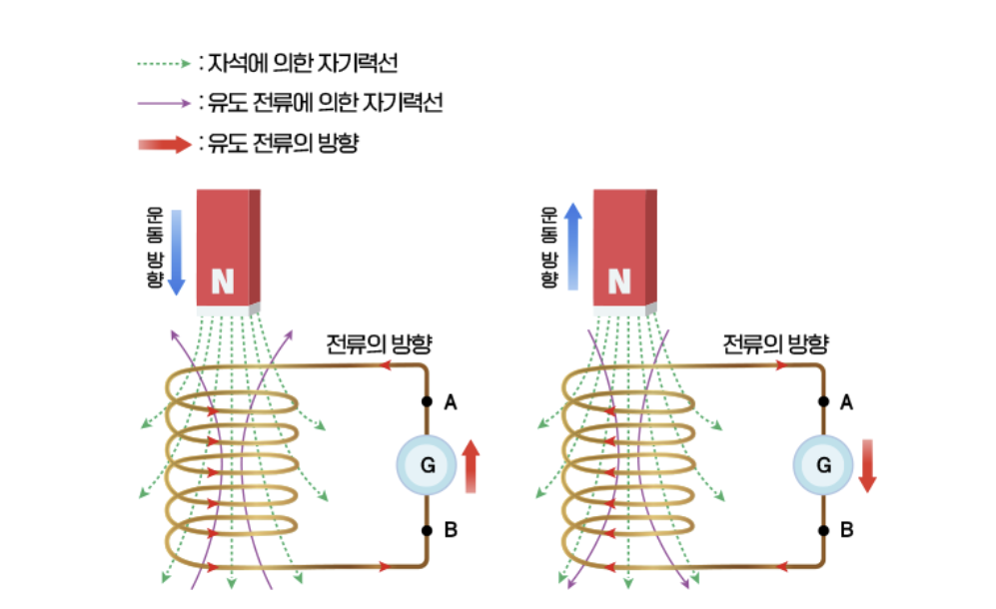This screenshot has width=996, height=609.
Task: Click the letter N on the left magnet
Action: (222, 283)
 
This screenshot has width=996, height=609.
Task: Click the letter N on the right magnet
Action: (619, 283)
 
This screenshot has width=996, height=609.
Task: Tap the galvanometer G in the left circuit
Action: (428, 465)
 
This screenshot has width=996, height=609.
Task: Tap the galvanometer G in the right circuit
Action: (823, 465)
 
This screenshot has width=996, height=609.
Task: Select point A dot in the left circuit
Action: (427, 402)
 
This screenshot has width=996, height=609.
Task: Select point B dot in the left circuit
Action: (427, 530)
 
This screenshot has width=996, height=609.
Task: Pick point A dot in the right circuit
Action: (823, 402)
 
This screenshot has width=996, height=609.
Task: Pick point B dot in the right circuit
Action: (823, 530)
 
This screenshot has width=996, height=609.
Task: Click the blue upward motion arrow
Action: (572, 246)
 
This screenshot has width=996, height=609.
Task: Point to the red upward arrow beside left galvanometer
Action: (472, 467)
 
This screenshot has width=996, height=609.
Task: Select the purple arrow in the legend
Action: (163, 103)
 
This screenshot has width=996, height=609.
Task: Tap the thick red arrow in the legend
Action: (163, 144)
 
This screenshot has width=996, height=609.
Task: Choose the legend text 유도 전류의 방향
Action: (281, 144)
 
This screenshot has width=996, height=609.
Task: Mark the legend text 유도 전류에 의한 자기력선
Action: (323, 103)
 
